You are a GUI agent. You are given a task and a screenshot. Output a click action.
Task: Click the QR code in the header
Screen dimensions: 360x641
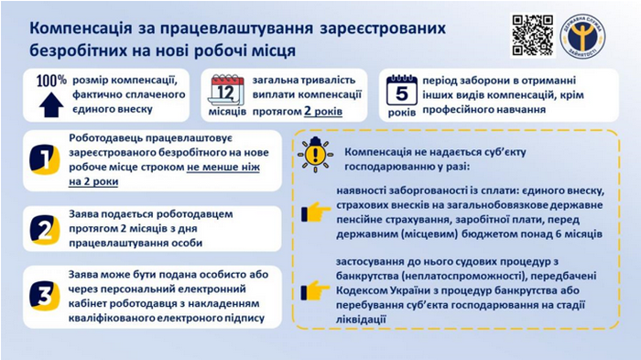(x=531, y=35)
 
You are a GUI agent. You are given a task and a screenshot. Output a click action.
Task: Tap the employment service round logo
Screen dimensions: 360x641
(x=589, y=35)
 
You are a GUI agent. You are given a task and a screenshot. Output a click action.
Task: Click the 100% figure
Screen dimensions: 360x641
(x=51, y=81)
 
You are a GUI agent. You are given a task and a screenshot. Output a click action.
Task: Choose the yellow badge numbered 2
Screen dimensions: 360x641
(x=43, y=227)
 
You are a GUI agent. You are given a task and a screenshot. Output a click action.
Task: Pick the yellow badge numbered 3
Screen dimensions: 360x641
(x=43, y=295)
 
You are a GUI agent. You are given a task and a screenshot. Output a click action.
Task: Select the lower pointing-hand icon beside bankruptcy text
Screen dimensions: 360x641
(x=316, y=289)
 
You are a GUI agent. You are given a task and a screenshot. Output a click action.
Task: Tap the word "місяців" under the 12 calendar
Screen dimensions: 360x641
(x=227, y=114)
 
